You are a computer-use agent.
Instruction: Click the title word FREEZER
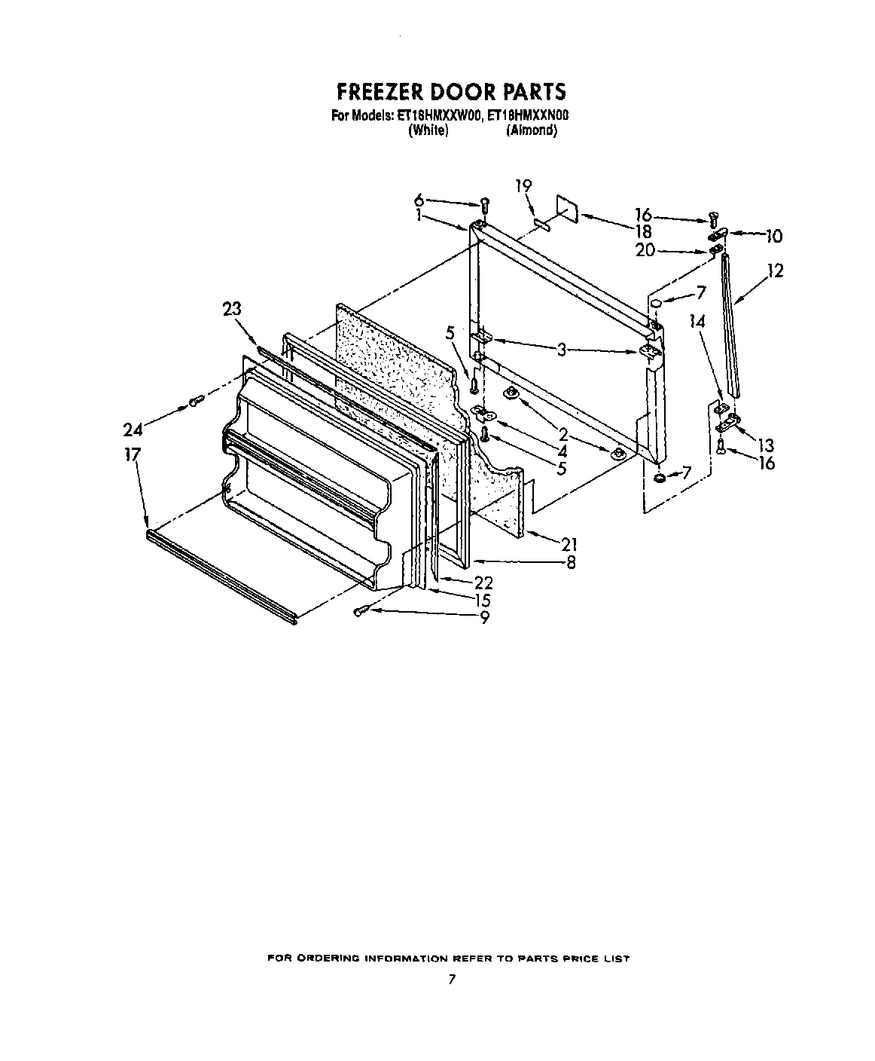coord(378,92)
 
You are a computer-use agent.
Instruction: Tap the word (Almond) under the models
coord(532,130)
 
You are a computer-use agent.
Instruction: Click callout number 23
coord(233,307)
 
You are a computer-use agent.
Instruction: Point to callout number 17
coord(134,455)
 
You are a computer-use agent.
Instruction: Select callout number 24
coord(133,430)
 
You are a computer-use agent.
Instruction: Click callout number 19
coord(523,185)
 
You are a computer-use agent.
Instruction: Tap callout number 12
coord(775,270)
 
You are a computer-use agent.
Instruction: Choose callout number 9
coord(484,617)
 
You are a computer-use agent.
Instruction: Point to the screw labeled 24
coord(195,402)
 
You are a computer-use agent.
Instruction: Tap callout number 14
coord(698,321)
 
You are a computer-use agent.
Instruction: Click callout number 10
coord(773,237)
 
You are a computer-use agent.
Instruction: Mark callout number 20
coord(645,251)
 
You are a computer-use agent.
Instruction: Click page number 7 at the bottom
coord(451,980)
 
